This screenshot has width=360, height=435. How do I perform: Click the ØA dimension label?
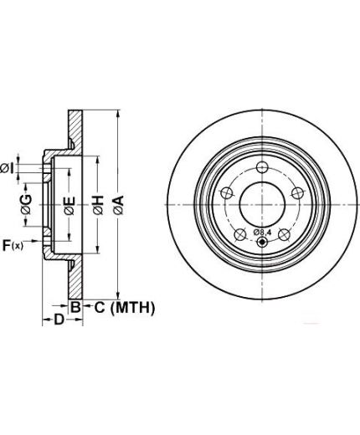[x=119, y=205]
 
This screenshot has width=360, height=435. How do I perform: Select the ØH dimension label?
[x=98, y=205]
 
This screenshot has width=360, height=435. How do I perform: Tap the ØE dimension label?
[x=69, y=206]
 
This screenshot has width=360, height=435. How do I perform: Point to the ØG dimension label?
[x=26, y=204]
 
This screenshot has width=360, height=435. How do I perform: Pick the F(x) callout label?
[x=13, y=246]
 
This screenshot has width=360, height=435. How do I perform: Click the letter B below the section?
[x=75, y=308]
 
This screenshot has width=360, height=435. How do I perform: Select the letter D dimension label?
[x=59, y=320]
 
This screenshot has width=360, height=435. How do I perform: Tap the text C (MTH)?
[x=125, y=308]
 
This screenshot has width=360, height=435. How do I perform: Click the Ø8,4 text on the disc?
[x=262, y=232]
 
